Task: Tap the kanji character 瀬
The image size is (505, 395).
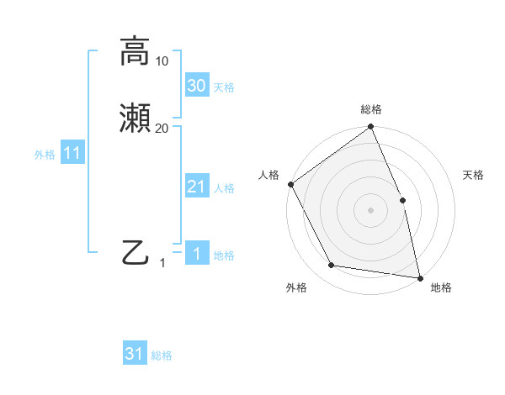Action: click(136, 119)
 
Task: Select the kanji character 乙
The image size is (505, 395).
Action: click(136, 251)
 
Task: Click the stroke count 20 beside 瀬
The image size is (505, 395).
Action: click(162, 129)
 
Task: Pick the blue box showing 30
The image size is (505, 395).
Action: click(196, 86)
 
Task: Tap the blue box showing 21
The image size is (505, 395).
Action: click(196, 187)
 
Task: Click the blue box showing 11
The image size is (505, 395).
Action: click(72, 153)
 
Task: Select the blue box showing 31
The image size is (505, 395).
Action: click(135, 354)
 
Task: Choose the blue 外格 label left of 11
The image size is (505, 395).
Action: click(45, 154)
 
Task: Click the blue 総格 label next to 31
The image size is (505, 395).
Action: click(162, 355)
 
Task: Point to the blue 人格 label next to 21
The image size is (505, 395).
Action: click(225, 187)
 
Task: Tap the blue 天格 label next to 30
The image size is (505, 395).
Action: click(225, 87)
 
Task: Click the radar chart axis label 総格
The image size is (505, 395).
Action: click(371, 109)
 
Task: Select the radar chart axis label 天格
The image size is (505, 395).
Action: click(473, 175)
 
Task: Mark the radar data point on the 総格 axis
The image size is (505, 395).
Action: click(371, 128)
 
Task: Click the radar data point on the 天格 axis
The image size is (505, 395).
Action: click(402, 200)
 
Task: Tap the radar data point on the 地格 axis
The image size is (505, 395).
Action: click(419, 277)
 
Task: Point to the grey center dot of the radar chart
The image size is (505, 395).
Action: click(371, 210)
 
